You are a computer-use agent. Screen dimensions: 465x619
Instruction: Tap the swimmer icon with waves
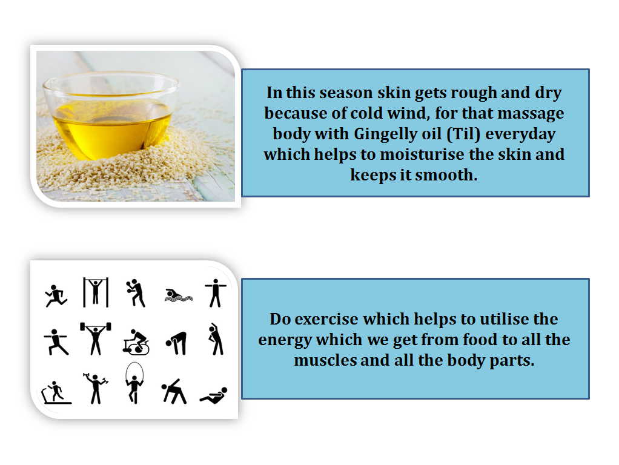[x=177, y=295]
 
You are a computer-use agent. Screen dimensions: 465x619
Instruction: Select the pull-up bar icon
[x=95, y=292]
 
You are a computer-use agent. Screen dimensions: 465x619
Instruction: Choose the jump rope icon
[x=133, y=384]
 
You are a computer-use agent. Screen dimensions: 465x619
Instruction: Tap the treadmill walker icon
[x=55, y=392]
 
